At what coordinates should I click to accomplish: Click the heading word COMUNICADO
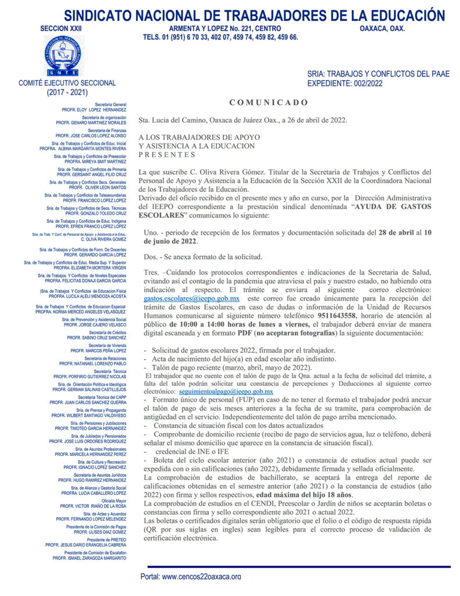click(x=269, y=102)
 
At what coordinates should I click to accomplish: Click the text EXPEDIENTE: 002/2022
click(x=345, y=84)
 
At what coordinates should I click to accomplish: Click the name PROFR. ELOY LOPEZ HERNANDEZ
click(x=94, y=109)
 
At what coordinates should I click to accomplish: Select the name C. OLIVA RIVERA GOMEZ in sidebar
click(x=104, y=239)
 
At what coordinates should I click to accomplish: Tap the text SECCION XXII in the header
click(x=61, y=29)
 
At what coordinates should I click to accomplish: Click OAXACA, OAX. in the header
click(x=382, y=29)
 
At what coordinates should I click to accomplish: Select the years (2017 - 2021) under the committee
click(x=67, y=92)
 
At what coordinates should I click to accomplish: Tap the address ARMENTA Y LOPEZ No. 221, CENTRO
click(x=224, y=29)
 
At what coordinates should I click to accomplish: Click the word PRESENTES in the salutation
click(x=167, y=155)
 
